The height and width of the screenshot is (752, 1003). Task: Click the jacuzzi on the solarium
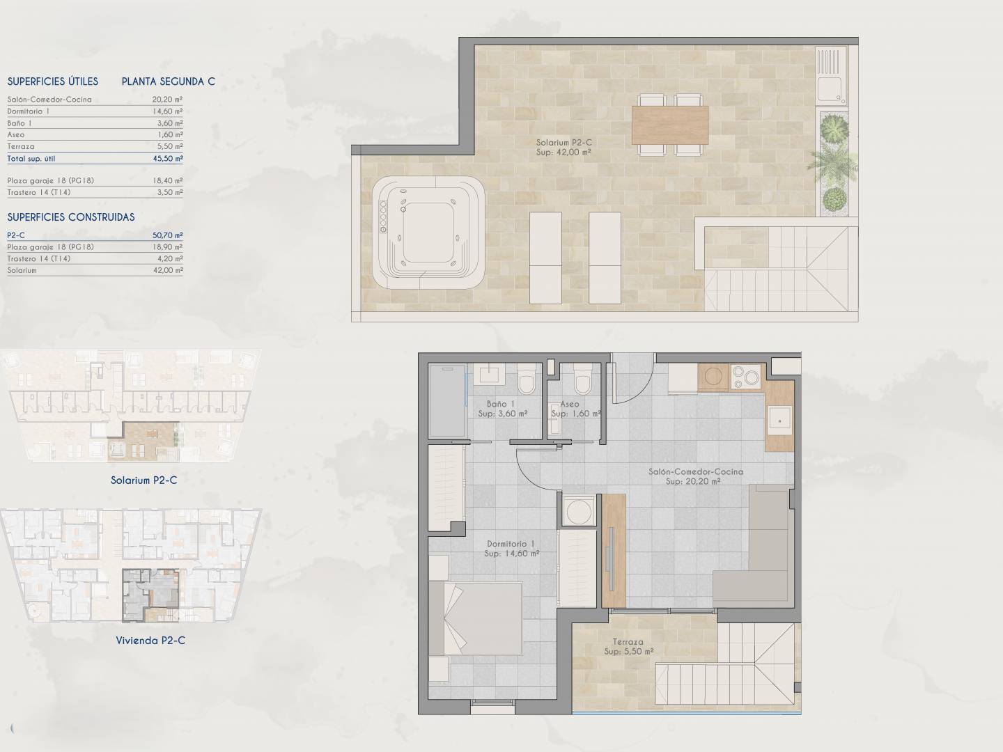(x=428, y=233)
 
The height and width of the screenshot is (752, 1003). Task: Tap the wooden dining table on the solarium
(x=670, y=125)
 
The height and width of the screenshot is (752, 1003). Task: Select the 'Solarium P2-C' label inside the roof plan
(x=564, y=143)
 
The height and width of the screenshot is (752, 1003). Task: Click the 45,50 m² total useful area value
(x=168, y=159)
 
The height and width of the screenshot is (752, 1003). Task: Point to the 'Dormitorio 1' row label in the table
(x=29, y=111)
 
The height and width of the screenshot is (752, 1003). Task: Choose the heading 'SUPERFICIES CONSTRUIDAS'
(x=71, y=217)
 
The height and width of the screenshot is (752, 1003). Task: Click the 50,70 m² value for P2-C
(x=168, y=235)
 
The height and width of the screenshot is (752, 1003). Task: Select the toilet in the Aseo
(x=582, y=379)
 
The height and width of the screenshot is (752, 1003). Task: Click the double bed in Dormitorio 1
(x=475, y=618)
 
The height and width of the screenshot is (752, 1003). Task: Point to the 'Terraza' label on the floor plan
(x=628, y=642)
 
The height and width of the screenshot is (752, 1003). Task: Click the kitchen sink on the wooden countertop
(x=779, y=421)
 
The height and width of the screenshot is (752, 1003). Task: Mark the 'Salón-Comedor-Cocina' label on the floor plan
(x=695, y=471)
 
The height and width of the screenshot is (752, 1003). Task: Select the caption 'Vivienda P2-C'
(x=150, y=640)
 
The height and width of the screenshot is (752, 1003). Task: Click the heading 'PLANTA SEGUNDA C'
(x=168, y=81)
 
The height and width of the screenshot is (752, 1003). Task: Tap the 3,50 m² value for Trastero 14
(x=169, y=192)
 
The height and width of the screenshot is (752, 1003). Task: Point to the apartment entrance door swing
(x=631, y=378)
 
